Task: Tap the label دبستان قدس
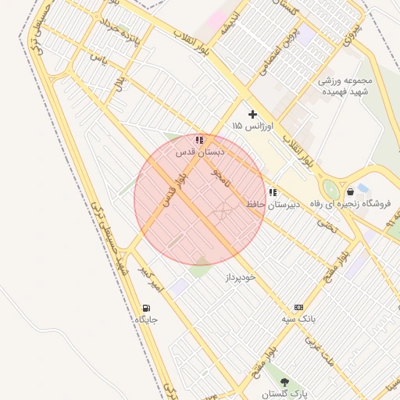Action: pyautogui.click(x=200, y=151)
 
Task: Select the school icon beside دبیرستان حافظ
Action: pyautogui.click(x=273, y=193)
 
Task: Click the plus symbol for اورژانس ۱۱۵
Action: pyautogui.click(x=252, y=114)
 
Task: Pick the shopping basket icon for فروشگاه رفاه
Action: pyautogui.click(x=350, y=191)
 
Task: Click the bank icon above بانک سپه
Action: pyautogui.click(x=298, y=308)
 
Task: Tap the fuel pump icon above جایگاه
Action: pyautogui.click(x=147, y=308)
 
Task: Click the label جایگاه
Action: pyautogui.click(x=147, y=320)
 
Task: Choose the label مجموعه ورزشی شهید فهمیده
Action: pyautogui.click(x=345, y=86)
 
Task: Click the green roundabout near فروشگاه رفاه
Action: pyautogui.click(x=330, y=190)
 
